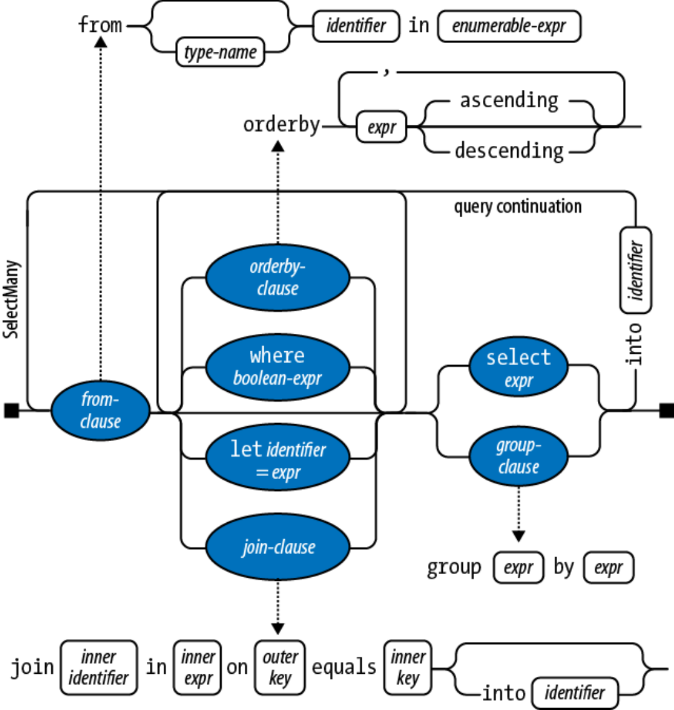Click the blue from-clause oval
(100, 411)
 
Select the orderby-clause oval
(277, 277)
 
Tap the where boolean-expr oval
(277, 367)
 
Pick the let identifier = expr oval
(277, 457)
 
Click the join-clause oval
(277, 547)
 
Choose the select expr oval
(518, 366)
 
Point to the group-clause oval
(518, 456)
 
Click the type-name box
(221, 52)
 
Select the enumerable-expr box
(509, 26)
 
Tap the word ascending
(509, 100)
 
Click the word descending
(509, 151)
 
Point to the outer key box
(280, 668)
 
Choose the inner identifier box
(99, 668)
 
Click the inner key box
(407, 668)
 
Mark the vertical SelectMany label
(11, 299)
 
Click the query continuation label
(518, 207)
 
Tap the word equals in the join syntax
(344, 667)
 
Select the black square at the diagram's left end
(12, 411)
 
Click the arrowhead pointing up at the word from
(101, 42)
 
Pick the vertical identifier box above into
(635, 270)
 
